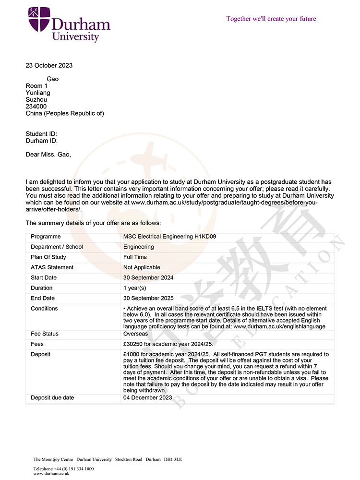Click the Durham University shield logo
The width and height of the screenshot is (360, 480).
39,19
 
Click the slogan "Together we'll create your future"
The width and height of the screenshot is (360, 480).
271,19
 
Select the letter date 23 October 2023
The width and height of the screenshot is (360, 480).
49,65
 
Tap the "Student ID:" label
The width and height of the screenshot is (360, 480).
41,134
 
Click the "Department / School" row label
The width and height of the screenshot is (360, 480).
57,247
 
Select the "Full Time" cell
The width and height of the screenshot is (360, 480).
135,257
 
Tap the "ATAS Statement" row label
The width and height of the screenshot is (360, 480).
52,267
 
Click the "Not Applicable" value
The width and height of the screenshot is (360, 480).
142,267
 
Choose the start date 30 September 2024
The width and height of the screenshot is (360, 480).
148,277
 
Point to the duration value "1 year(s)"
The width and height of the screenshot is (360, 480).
135,288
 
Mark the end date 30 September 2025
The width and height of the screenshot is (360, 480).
148,298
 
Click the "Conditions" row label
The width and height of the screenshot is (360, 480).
44,309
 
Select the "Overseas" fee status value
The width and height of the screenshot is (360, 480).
136,334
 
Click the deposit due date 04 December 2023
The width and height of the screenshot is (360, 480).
147,397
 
